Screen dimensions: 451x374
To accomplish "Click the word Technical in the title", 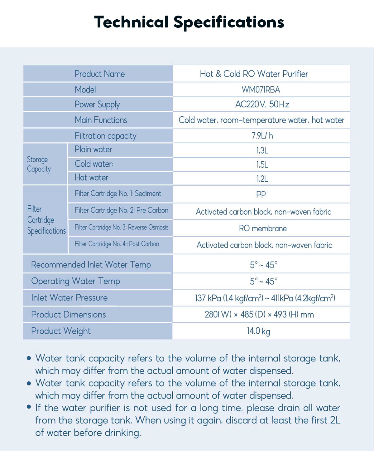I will pyautogui.click(x=131, y=22).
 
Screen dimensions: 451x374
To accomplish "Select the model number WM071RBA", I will pyautogui.click(x=261, y=90).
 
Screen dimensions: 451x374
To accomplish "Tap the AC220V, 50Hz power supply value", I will pyautogui.click(x=262, y=104).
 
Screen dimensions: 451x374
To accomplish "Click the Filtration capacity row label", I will pyautogui.click(x=105, y=136).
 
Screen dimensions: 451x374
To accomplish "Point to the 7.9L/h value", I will pyautogui.click(x=262, y=136).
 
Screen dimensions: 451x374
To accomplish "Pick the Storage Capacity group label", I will pyautogui.click(x=39, y=164).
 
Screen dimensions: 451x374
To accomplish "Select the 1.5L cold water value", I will pyautogui.click(x=262, y=164).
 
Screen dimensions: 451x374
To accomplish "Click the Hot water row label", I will pyautogui.click(x=91, y=178).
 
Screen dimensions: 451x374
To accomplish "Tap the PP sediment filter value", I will pyautogui.click(x=261, y=194).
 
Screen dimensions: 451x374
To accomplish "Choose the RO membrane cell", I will pyautogui.click(x=263, y=228).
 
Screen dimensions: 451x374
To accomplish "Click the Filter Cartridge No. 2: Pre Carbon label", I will pyautogui.click(x=121, y=210).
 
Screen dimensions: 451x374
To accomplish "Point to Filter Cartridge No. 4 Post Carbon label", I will pyautogui.click(x=117, y=244).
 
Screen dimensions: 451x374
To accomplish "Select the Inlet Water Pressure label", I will pyautogui.click(x=69, y=298).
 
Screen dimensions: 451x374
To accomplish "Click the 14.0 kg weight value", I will pyautogui.click(x=258, y=331).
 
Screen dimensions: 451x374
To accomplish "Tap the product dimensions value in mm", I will pyautogui.click(x=259, y=315).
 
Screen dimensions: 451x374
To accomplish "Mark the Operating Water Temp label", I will pyautogui.click(x=75, y=281).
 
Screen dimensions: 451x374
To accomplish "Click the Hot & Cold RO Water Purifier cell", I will pyautogui.click(x=254, y=74).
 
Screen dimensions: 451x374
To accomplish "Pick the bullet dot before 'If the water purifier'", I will pyautogui.click(x=29, y=407).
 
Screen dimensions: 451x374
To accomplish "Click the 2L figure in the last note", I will pyautogui.click(x=335, y=420).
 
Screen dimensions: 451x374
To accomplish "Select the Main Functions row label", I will pyautogui.click(x=101, y=120).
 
